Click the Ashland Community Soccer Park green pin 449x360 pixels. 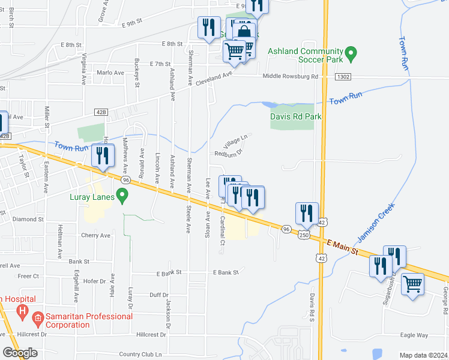point(352,54)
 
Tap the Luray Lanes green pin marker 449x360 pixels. point(122,195)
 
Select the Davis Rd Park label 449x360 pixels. point(296,116)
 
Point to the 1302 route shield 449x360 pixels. point(343,77)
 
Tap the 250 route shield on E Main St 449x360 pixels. point(304,235)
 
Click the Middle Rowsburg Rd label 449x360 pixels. point(290,77)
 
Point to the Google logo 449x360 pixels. point(20,353)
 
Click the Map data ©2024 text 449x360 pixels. point(423,355)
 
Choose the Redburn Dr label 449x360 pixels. point(228,152)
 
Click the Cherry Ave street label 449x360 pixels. point(96,235)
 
